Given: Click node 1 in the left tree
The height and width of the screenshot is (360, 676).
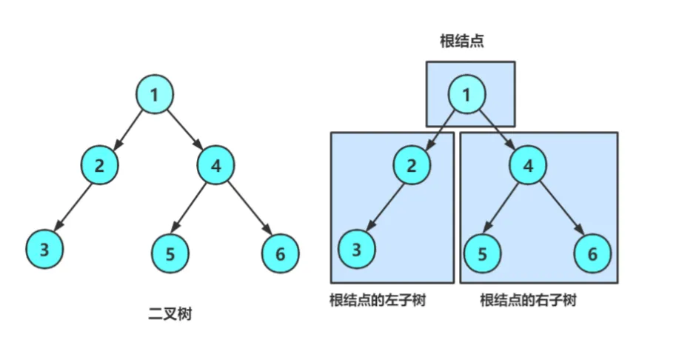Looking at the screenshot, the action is [155, 94].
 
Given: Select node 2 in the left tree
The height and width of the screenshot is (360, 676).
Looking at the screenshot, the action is [100, 165].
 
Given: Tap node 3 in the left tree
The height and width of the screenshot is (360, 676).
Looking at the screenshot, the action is [44, 249].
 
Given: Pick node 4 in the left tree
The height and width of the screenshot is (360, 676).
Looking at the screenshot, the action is [216, 165].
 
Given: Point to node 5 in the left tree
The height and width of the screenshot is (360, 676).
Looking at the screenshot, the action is [170, 253].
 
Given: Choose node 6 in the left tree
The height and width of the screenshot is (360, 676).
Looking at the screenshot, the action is [280, 253].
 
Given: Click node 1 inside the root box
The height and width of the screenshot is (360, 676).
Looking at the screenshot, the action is [467, 94].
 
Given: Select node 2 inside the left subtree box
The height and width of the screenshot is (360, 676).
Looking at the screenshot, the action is [412, 165].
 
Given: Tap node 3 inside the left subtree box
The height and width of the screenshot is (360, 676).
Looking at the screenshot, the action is [357, 249].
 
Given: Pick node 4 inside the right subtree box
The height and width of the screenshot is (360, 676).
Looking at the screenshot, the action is [528, 165].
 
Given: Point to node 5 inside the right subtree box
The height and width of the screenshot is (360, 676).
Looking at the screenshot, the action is [483, 253].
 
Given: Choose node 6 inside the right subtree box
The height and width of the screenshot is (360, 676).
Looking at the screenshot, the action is [593, 253].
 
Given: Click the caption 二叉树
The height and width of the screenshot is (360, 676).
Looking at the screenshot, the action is [170, 314].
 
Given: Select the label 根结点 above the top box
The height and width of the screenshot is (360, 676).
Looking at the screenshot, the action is [462, 41].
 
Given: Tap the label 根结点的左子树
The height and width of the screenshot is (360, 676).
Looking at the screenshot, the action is [378, 300].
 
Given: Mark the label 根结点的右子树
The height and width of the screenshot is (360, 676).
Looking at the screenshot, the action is [529, 300].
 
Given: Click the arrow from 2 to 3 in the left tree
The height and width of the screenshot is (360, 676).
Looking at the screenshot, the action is [73, 206].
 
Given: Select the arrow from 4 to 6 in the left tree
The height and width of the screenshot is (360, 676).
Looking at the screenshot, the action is [250, 208].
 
